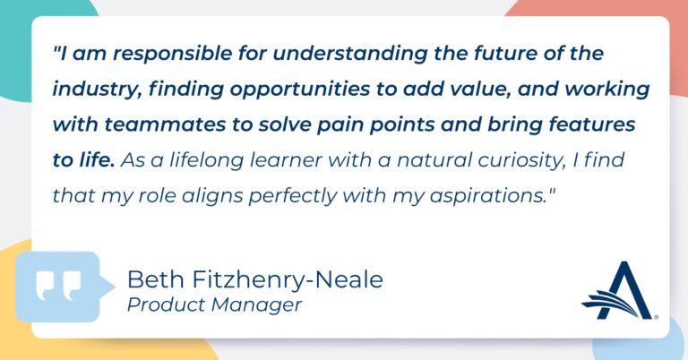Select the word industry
pos(97,90)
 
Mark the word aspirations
pos(487,196)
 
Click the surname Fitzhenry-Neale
pos(288,280)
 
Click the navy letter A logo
pos(618,291)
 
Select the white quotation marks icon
pos(59,286)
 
